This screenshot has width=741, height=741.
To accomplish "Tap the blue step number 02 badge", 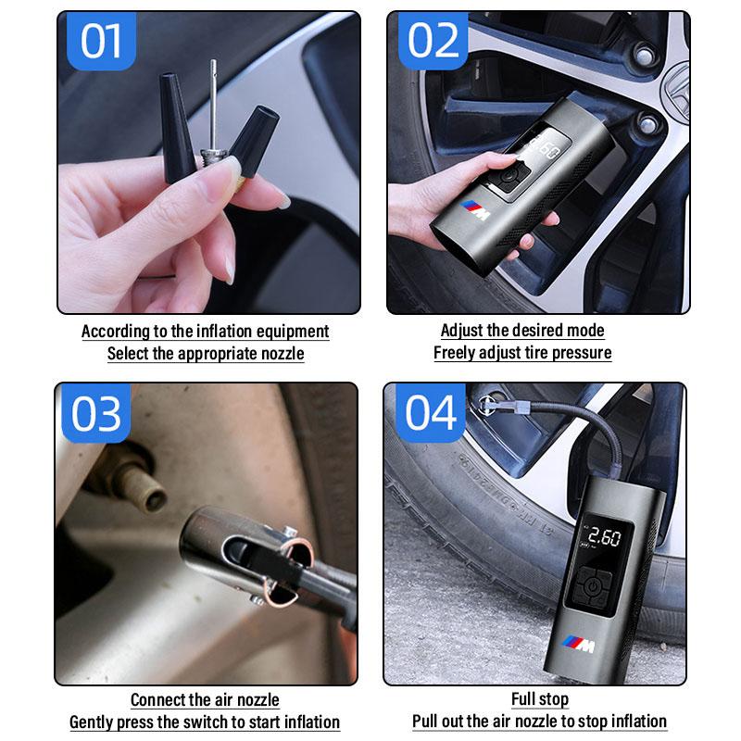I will tap(432, 42).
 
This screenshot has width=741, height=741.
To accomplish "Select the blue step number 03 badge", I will tap(95, 414).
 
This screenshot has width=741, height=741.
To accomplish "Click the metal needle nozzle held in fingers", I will tap(212, 102).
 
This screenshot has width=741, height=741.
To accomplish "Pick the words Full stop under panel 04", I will tap(539, 699).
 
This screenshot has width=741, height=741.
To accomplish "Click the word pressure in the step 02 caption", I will tap(581, 353).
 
